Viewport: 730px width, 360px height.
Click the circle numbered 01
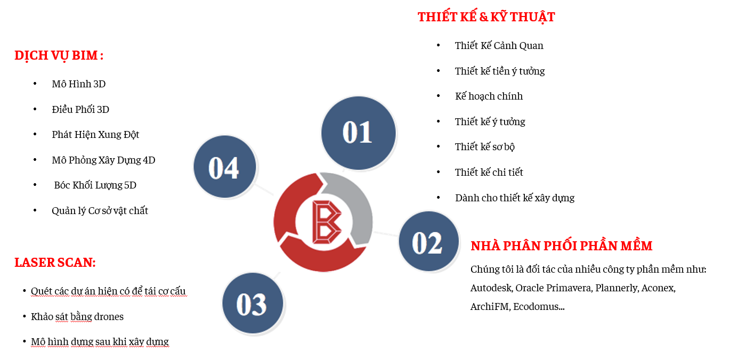pyautogui.click(x=358, y=133)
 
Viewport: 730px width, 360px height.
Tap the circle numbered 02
pyautogui.click(x=428, y=241)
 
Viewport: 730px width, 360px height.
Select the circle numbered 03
pyautogui.click(x=253, y=303)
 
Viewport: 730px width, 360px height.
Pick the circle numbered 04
pyautogui.click(x=224, y=167)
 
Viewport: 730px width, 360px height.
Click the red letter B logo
pyautogui.click(x=326, y=222)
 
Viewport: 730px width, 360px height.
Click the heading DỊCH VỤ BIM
pyautogui.click(x=59, y=56)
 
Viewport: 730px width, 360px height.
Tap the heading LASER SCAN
pyautogui.click(x=55, y=263)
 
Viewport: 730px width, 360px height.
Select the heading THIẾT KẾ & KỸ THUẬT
pyautogui.click(x=486, y=17)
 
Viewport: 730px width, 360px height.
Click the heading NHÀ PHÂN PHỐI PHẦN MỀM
pyautogui.click(x=562, y=246)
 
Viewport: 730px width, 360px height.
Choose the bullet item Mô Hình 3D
pyautogui.click(x=79, y=84)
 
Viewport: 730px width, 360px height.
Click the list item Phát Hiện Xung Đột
pyautogui.click(x=95, y=135)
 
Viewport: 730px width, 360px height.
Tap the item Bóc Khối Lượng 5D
pyautogui.click(x=95, y=185)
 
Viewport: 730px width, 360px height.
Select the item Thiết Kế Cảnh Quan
pyautogui.click(x=499, y=46)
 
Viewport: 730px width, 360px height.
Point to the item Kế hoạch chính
pyautogui.click(x=489, y=96)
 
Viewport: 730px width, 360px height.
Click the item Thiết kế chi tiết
pyautogui.click(x=489, y=172)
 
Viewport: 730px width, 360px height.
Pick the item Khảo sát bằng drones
pyautogui.click(x=77, y=317)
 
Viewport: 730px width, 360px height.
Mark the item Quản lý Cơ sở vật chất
pyautogui.click(x=100, y=211)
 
